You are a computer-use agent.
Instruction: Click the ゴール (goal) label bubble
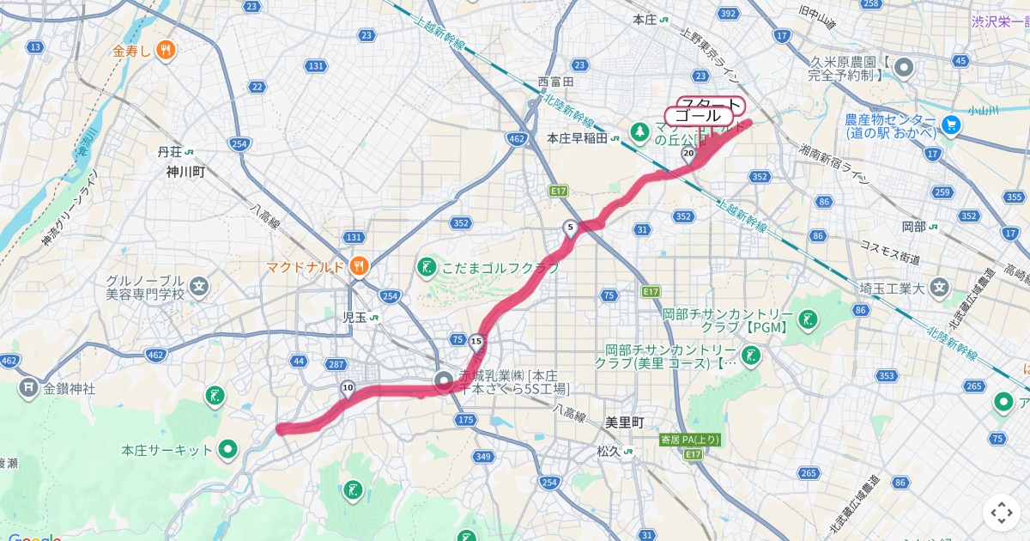coord(698,116)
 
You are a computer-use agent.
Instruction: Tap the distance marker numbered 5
coord(570,228)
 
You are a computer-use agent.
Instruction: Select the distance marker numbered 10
coord(347,388)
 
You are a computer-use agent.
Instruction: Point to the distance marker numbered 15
coord(476,342)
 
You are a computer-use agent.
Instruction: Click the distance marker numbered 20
coord(688,154)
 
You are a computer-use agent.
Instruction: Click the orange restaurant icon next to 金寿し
coord(166,51)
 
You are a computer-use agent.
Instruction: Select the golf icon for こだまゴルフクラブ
coord(427,268)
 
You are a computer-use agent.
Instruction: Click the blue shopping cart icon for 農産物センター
coord(949,125)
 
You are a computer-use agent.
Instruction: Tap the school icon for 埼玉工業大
coord(941,287)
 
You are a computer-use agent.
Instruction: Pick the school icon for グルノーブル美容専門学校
coord(199,286)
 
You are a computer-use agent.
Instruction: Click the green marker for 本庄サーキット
coord(227,449)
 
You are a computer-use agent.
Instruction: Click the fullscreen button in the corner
coord(1001,513)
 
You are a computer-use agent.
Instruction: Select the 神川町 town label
coord(186,172)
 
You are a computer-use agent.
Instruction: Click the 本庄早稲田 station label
coord(577,137)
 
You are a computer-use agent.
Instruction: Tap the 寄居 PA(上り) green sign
coord(690,440)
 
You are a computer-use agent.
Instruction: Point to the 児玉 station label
coord(354,317)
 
